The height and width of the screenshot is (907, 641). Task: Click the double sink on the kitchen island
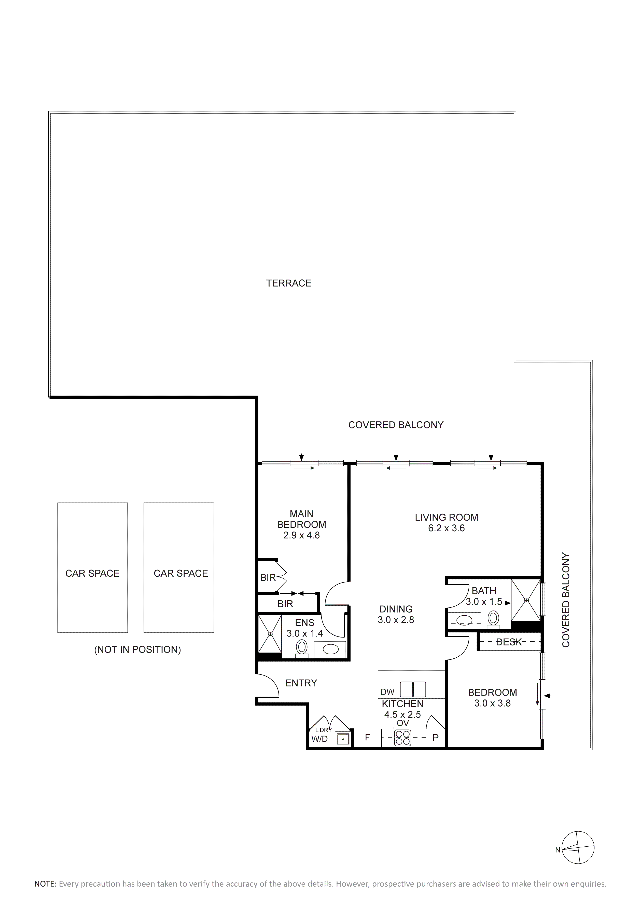coord(413,689)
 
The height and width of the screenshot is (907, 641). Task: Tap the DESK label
coord(509,642)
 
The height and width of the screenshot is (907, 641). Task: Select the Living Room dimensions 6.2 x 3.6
coord(447,528)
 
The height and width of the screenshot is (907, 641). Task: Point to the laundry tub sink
coord(343,738)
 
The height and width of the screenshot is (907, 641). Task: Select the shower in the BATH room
coord(526,600)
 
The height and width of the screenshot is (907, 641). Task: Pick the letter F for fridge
coord(367,737)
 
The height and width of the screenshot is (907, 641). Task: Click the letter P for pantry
coord(436,738)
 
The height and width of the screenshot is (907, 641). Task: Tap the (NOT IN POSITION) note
coord(137,649)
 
